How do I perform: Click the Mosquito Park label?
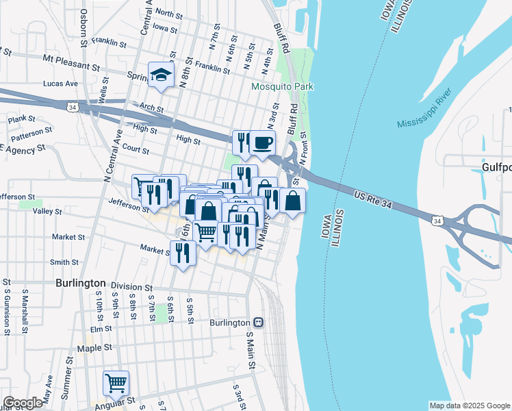[x=282, y=86]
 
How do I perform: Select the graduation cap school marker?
[x=161, y=75]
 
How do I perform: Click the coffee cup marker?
[x=262, y=143]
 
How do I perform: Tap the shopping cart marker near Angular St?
[x=116, y=383]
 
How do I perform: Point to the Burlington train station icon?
[x=258, y=322]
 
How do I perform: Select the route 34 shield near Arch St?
[x=72, y=107]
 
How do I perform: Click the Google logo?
[x=23, y=402]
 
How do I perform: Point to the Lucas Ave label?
[x=60, y=83]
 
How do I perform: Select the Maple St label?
[x=94, y=348]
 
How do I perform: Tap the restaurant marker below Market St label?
[x=183, y=253]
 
